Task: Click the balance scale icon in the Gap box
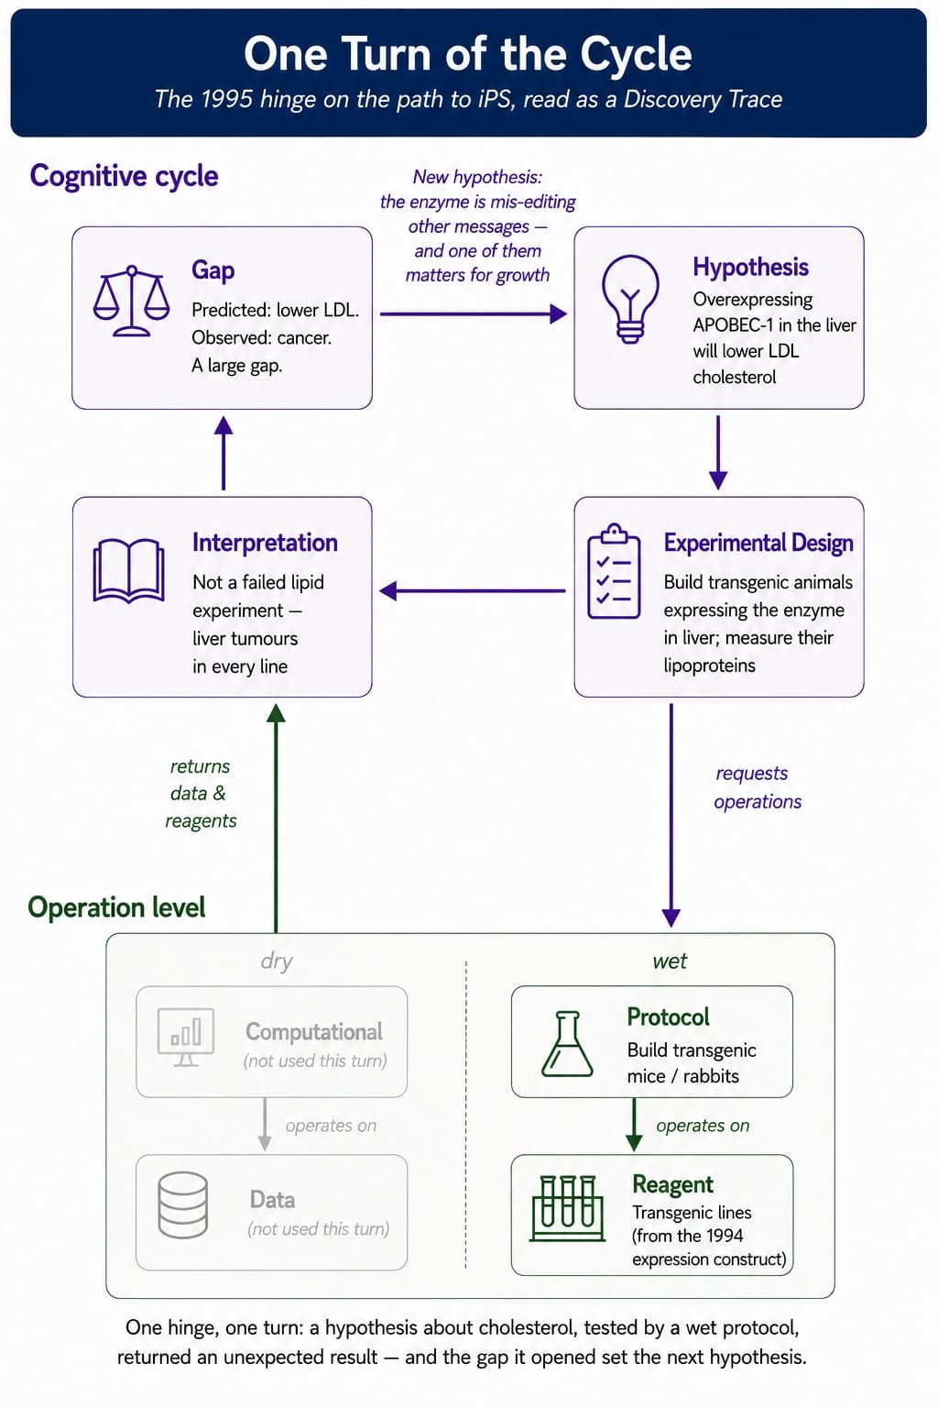coord(131,301)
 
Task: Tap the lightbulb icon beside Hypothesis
coord(630,299)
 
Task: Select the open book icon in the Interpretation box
coord(129,571)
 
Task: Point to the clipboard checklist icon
coord(614,571)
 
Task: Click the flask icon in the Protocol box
coord(567,1044)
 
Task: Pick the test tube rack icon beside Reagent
coord(567,1208)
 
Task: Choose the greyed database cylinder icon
coord(183,1205)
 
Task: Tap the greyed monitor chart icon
coord(186,1037)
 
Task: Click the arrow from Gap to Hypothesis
coord(474,313)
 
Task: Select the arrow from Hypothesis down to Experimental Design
coord(718,453)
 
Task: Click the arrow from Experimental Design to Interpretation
coord(473,591)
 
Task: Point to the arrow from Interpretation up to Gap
coord(224,453)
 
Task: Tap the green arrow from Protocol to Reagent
coord(634,1125)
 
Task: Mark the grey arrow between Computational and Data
coord(265,1125)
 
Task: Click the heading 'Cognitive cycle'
coord(124,176)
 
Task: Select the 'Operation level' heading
coord(116,907)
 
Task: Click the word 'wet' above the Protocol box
coord(670,961)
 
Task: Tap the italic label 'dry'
coord(277,962)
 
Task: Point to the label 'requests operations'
coord(757,787)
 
